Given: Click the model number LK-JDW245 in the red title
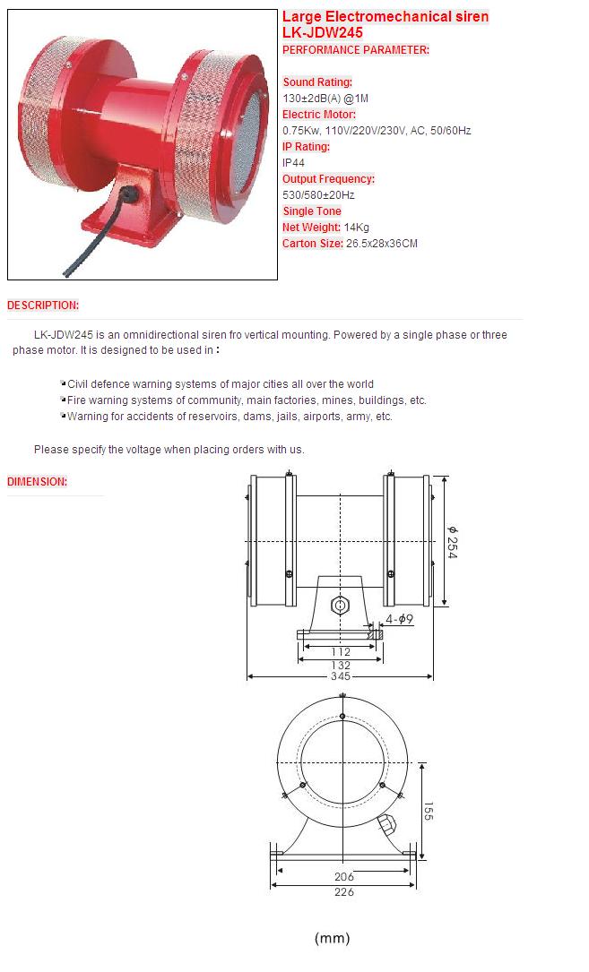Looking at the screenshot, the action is [322, 33].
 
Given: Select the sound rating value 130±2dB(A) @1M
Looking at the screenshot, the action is [325, 98].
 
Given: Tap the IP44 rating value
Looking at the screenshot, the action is [293, 162].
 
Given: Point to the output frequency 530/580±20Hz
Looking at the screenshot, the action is [318, 194].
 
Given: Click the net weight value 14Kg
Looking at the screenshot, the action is [356, 227].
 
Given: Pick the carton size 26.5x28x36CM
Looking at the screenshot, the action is [382, 243].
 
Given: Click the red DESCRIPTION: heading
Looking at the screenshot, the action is [43, 305].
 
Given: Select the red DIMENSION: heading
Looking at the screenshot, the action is [38, 482].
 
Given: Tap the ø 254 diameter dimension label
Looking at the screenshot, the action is [453, 542].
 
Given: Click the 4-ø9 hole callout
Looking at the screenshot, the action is [399, 619].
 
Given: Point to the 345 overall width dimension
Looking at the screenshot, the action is [340, 675].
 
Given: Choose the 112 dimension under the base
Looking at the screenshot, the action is [340, 651].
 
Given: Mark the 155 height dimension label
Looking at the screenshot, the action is [429, 811].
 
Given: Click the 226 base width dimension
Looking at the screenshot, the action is [344, 892].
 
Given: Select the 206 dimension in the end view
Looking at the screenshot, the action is [344, 876].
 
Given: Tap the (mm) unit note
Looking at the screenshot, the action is [333, 938].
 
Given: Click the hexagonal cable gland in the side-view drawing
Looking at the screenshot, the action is [340, 606].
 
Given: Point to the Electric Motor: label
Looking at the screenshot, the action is [319, 114].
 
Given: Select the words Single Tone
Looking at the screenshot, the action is [312, 211].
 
